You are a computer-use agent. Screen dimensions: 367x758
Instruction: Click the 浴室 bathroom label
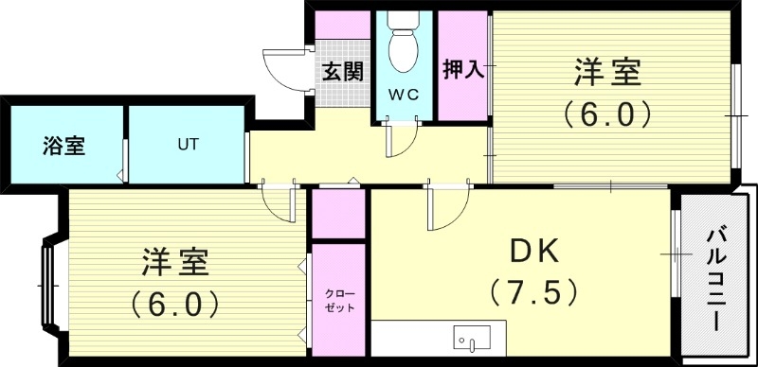click(x=63, y=147)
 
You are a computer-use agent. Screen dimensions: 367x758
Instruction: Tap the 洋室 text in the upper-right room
click(x=607, y=72)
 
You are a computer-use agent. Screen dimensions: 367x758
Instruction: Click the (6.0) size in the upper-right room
click(x=607, y=114)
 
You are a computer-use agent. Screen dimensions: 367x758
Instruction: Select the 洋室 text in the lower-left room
click(x=175, y=260)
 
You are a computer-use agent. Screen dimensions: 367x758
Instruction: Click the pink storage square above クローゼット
click(x=338, y=215)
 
